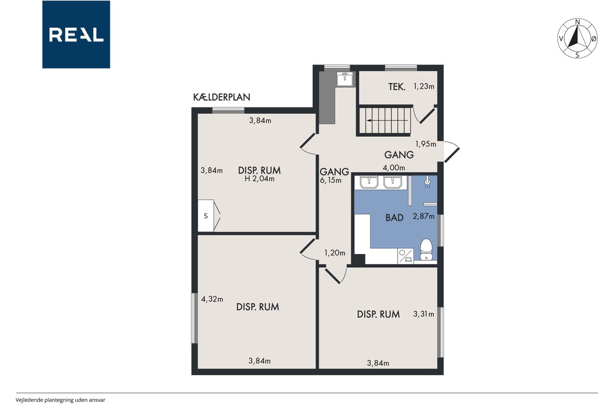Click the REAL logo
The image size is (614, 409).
[x=76, y=35]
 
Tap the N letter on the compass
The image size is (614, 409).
[x=578, y=22]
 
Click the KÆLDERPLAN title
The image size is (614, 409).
[x=222, y=97]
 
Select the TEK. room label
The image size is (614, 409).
[x=397, y=87]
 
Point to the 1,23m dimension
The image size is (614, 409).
[x=424, y=87]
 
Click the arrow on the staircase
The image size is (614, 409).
[x=387, y=120]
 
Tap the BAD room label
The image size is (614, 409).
[x=394, y=218]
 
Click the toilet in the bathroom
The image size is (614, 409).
[x=426, y=249]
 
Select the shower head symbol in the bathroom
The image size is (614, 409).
[x=427, y=183]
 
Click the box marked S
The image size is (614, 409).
[x=206, y=216]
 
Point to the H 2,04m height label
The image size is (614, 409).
[x=260, y=179]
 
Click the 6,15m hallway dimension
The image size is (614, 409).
[x=331, y=181]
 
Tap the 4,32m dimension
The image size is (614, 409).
[x=212, y=299]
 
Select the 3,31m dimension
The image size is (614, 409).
[x=424, y=314]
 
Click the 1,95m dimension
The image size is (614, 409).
[x=425, y=144]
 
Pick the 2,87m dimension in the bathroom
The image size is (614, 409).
[x=424, y=216]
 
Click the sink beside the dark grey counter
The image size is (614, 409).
[x=345, y=80]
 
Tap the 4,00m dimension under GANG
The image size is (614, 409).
[x=394, y=168]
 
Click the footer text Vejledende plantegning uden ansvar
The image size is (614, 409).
[x=60, y=400]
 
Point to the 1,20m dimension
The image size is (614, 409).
[x=335, y=253]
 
